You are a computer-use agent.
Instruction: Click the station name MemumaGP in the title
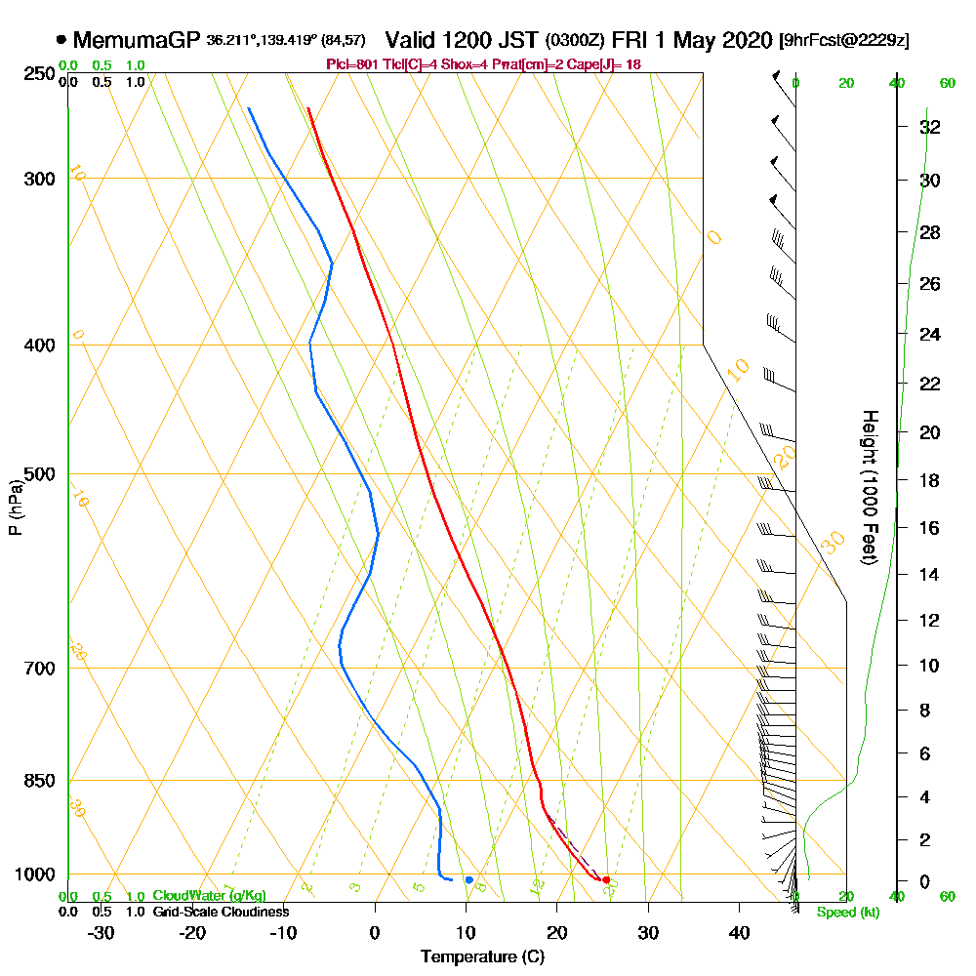137,40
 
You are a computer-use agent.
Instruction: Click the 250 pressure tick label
37,73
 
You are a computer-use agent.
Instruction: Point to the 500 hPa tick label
37,474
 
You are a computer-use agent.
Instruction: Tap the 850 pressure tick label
37,781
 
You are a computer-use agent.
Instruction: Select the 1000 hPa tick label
33,874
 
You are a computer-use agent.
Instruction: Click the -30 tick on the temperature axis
102,932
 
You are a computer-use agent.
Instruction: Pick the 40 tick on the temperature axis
739,932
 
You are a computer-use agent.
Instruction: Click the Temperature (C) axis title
482,956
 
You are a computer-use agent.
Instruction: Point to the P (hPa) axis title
15,506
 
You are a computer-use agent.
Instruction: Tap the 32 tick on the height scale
929,127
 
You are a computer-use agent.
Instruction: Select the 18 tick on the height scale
929,480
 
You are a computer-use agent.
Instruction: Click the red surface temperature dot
606,880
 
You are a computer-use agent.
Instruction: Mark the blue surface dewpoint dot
469,879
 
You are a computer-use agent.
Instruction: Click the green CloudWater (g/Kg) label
209,896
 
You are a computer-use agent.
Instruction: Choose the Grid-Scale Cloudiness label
220,912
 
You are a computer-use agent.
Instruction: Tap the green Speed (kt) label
844,913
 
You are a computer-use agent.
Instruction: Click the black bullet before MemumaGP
61,40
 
